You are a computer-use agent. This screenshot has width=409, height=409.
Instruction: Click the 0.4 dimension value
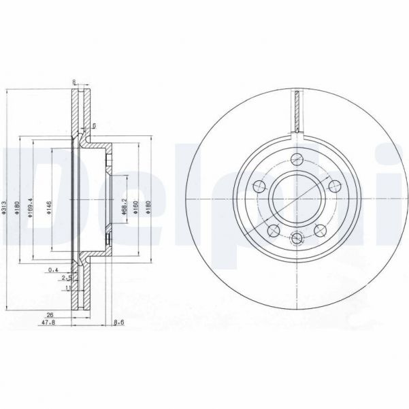click(x=53, y=271)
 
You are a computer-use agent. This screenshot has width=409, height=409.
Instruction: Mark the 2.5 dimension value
click(x=65, y=278)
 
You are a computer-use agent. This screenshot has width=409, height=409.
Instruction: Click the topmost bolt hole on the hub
click(x=297, y=159)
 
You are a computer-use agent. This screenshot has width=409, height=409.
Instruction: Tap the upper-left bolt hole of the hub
click(x=259, y=185)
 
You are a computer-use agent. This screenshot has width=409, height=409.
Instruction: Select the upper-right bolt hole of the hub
click(x=334, y=185)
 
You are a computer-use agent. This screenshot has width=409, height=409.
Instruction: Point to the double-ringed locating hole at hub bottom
click(x=297, y=238)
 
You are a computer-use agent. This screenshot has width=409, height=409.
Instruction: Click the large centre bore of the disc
click(x=297, y=198)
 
